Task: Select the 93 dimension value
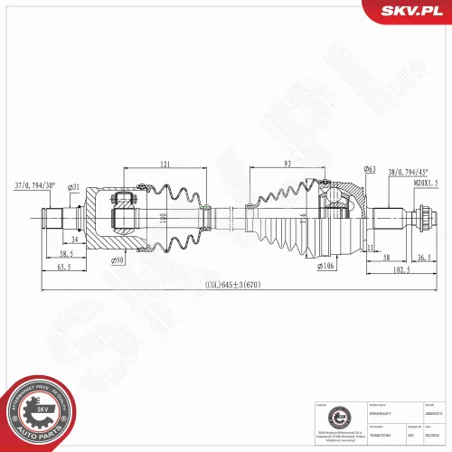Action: coord(287,163)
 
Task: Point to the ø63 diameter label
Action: coord(370,169)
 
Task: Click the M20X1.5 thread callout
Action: coord(425,183)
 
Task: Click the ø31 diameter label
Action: coord(73,187)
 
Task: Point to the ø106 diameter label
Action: coord(326,267)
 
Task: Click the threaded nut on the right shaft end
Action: coord(421,217)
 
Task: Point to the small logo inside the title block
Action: coord(330,419)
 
